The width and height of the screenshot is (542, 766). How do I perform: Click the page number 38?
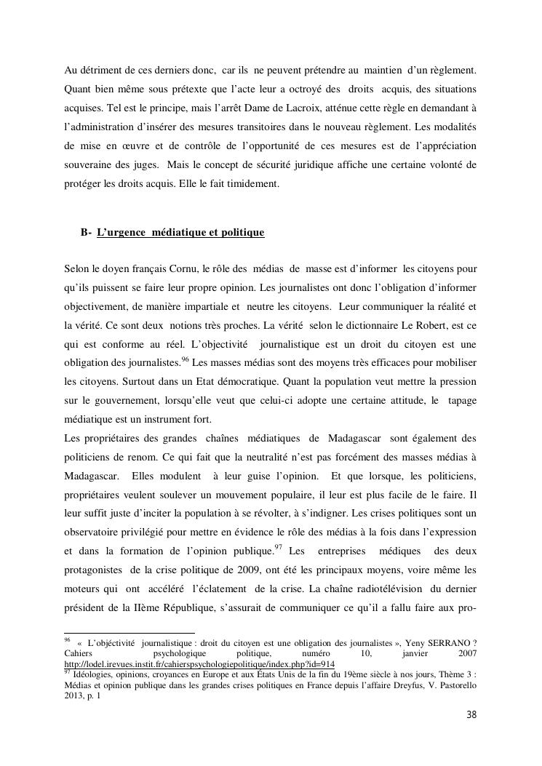coord(471,714)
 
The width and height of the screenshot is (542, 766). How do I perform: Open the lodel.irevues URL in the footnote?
coord(199,664)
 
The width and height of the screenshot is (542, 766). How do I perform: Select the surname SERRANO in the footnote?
coord(446,643)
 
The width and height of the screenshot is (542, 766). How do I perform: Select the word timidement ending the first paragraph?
coord(254,185)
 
